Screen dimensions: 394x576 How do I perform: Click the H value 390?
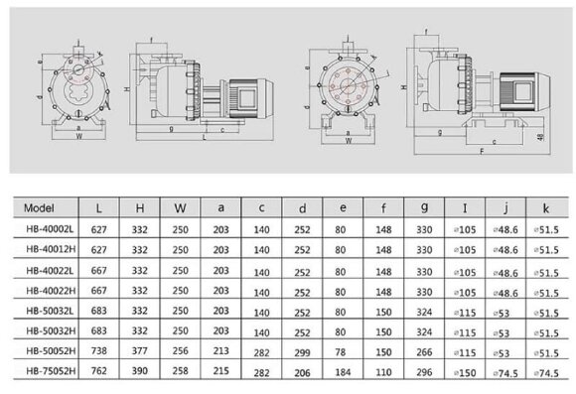point(140,371)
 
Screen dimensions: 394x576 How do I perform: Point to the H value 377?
point(140,350)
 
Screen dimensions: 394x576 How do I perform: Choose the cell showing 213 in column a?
point(219,350)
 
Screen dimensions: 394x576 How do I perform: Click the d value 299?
point(302,350)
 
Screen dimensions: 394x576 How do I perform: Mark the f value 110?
point(383,371)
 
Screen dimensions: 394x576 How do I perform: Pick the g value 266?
point(425,350)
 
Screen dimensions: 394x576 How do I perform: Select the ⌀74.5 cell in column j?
point(504,371)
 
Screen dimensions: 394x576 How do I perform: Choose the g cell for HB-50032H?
point(425,330)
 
